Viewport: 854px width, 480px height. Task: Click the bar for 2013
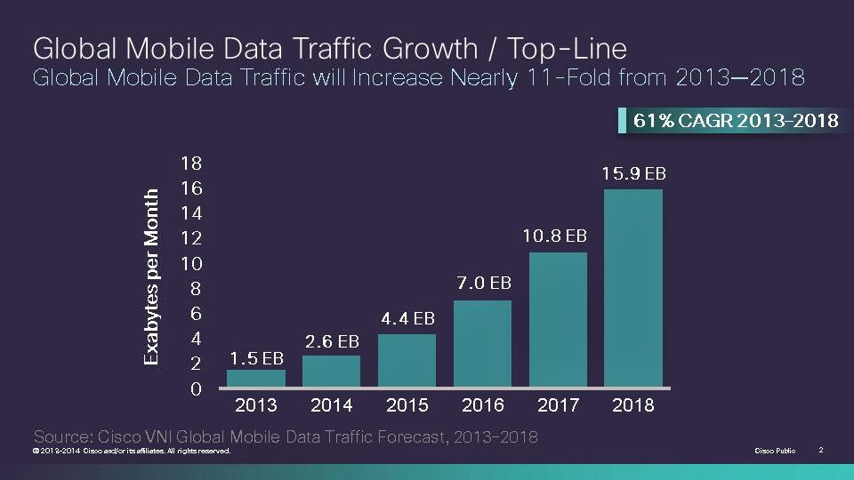tap(256, 379)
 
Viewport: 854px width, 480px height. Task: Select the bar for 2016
tap(482, 343)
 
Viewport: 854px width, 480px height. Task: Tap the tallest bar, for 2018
tap(633, 288)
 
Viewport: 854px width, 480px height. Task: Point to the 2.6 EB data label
tap(332, 341)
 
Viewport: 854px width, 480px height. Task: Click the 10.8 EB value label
tap(554, 236)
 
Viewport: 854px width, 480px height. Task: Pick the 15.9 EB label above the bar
tap(633, 173)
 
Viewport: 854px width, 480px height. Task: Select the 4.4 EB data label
tap(408, 318)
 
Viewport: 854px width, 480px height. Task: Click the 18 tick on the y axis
tap(191, 164)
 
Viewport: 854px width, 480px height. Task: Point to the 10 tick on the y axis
tap(191, 264)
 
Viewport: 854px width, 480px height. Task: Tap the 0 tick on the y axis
tap(196, 389)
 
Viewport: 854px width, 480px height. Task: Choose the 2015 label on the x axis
tap(407, 405)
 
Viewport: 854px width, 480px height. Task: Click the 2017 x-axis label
tap(559, 405)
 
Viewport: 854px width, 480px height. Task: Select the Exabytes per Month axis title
tap(151, 277)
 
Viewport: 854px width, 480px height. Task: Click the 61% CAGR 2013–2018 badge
tap(731, 120)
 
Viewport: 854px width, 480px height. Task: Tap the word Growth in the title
tap(430, 48)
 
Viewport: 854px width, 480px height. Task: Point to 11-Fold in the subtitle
tap(569, 77)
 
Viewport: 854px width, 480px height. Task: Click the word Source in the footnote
tap(62, 436)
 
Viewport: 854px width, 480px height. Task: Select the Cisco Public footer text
tap(775, 451)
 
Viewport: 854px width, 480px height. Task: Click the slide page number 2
tap(821, 450)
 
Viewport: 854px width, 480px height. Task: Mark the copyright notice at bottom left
tap(132, 451)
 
